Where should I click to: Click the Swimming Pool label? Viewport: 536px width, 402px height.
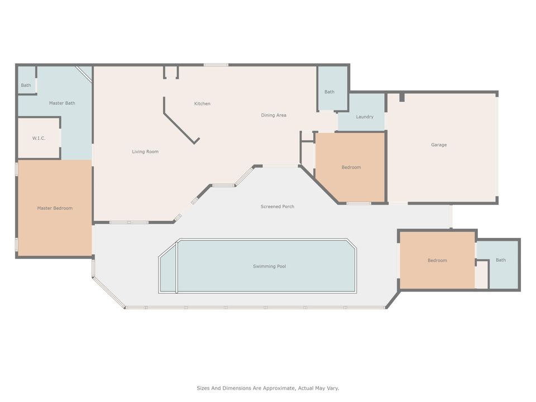pyautogui.click(x=269, y=266)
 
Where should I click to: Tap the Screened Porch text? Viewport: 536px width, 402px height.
pyautogui.click(x=277, y=207)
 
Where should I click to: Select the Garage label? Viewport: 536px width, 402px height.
pyautogui.click(x=438, y=145)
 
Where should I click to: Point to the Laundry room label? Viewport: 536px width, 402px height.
pyautogui.click(x=364, y=117)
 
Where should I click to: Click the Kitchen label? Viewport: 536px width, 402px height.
pyautogui.click(x=202, y=104)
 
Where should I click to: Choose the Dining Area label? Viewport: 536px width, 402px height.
pyautogui.click(x=274, y=116)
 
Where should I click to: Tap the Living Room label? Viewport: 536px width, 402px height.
pyautogui.click(x=145, y=152)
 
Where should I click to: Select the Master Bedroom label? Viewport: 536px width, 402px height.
pyautogui.click(x=55, y=208)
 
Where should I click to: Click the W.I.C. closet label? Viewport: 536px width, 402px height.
pyautogui.click(x=39, y=138)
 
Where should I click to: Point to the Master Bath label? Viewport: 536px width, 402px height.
pyautogui.click(x=62, y=103)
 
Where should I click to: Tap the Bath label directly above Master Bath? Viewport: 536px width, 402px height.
pyautogui.click(x=26, y=85)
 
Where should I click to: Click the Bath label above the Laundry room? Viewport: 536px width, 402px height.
pyautogui.click(x=329, y=92)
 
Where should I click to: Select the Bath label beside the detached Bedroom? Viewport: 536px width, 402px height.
pyautogui.click(x=501, y=260)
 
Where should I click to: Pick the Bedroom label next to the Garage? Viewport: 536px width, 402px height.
pyautogui.click(x=351, y=167)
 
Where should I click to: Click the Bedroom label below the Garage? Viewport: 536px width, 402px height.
pyautogui.click(x=437, y=261)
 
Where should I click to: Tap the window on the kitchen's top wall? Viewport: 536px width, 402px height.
pyautogui.click(x=216, y=65)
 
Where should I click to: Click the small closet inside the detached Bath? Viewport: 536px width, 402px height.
pyautogui.click(x=481, y=275)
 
